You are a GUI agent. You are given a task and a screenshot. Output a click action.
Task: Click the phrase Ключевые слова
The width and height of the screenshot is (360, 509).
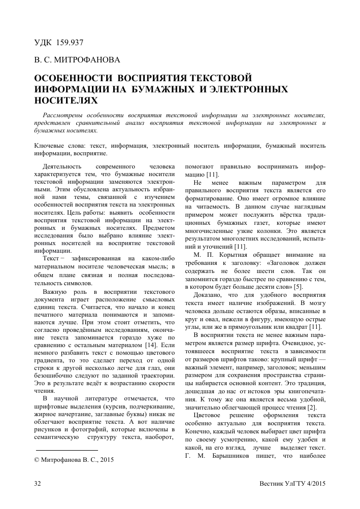coord(60,145)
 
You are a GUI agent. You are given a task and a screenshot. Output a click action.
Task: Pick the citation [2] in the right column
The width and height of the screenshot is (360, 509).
coord(312,408)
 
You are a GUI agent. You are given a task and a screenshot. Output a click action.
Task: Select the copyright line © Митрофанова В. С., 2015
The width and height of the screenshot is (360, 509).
coord(74,460)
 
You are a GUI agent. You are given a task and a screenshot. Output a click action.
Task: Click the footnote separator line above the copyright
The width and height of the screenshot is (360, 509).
coord(66,450)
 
